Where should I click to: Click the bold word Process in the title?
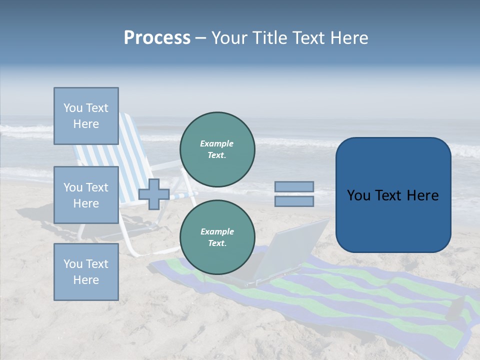click(x=157, y=38)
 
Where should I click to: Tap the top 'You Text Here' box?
click(x=86, y=116)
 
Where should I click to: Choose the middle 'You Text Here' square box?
click(x=86, y=195)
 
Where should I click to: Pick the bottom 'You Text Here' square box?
click(x=86, y=272)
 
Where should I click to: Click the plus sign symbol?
click(x=154, y=194)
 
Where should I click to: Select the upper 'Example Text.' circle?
click(x=217, y=149)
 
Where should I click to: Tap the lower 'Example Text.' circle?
click(x=217, y=237)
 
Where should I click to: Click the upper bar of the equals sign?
click(x=294, y=187)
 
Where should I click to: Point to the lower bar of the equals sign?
click(x=294, y=201)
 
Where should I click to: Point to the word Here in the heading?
click(x=349, y=38)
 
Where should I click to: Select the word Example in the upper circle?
click(x=216, y=144)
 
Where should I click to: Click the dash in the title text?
click(x=201, y=38)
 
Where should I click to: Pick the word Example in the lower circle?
click(x=217, y=232)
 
